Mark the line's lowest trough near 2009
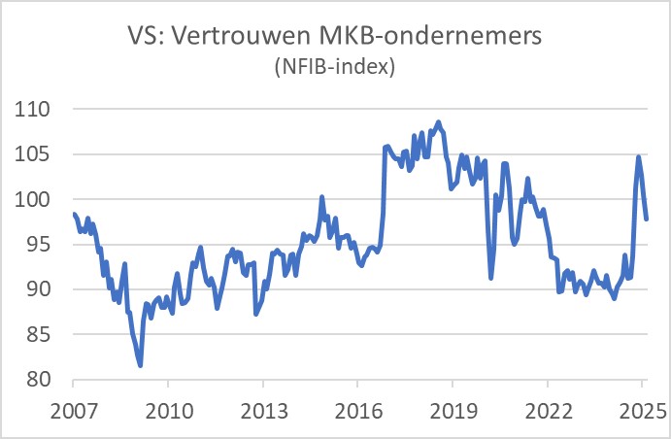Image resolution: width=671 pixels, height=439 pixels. tap(141, 365)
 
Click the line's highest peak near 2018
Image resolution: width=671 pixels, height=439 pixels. tap(439, 122)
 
